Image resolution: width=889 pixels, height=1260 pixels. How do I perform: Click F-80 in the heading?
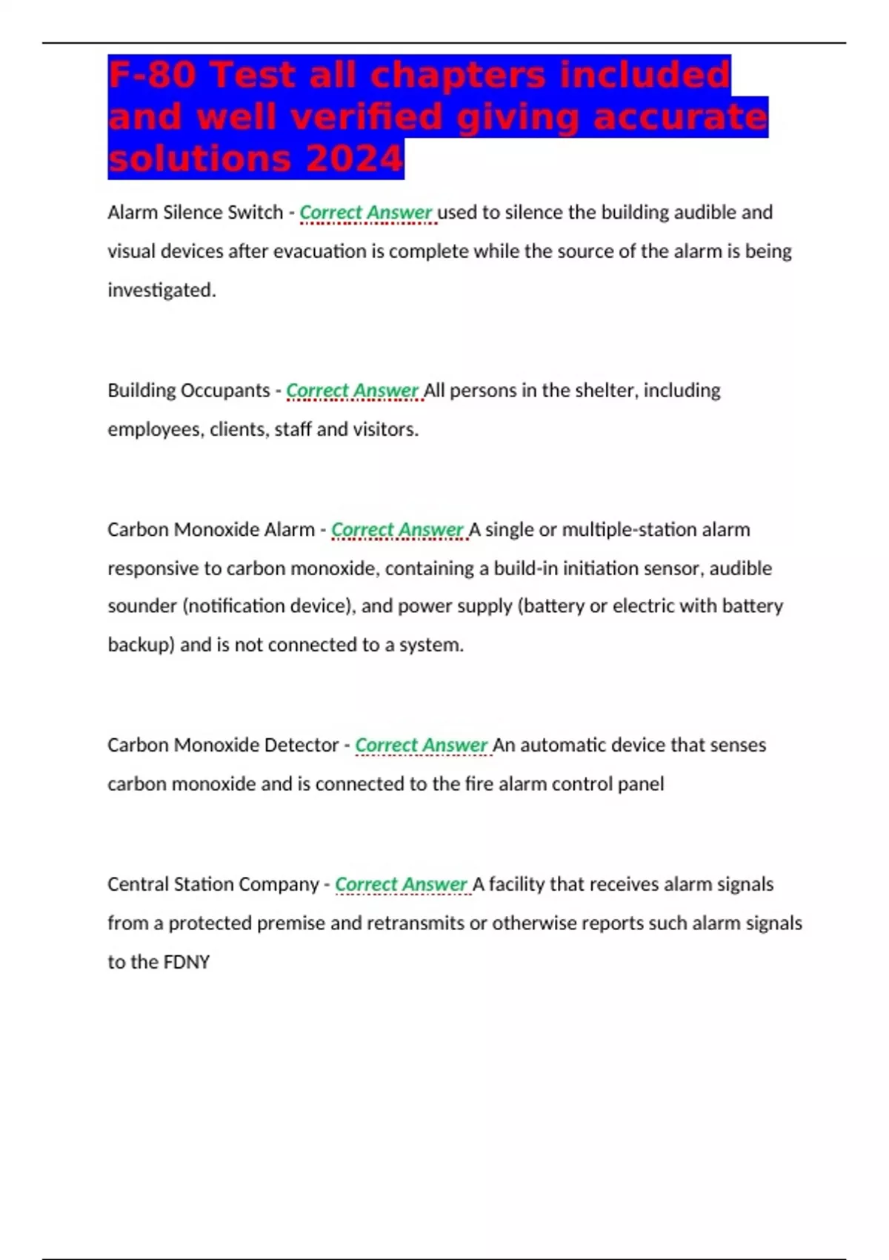(152, 75)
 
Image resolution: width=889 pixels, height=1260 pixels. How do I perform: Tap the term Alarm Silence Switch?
(195, 212)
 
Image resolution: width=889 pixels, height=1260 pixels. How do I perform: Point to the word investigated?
(162, 290)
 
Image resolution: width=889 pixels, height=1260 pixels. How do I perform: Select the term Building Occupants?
(188, 390)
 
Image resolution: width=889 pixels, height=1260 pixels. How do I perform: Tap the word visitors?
(383, 429)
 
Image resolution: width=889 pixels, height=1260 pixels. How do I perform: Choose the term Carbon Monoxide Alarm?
(210, 529)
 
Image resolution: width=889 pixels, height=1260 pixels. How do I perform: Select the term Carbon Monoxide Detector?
(222, 744)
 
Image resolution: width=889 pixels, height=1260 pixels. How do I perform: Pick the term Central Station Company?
(213, 883)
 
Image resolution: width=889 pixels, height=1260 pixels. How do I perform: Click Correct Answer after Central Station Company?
(401, 883)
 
